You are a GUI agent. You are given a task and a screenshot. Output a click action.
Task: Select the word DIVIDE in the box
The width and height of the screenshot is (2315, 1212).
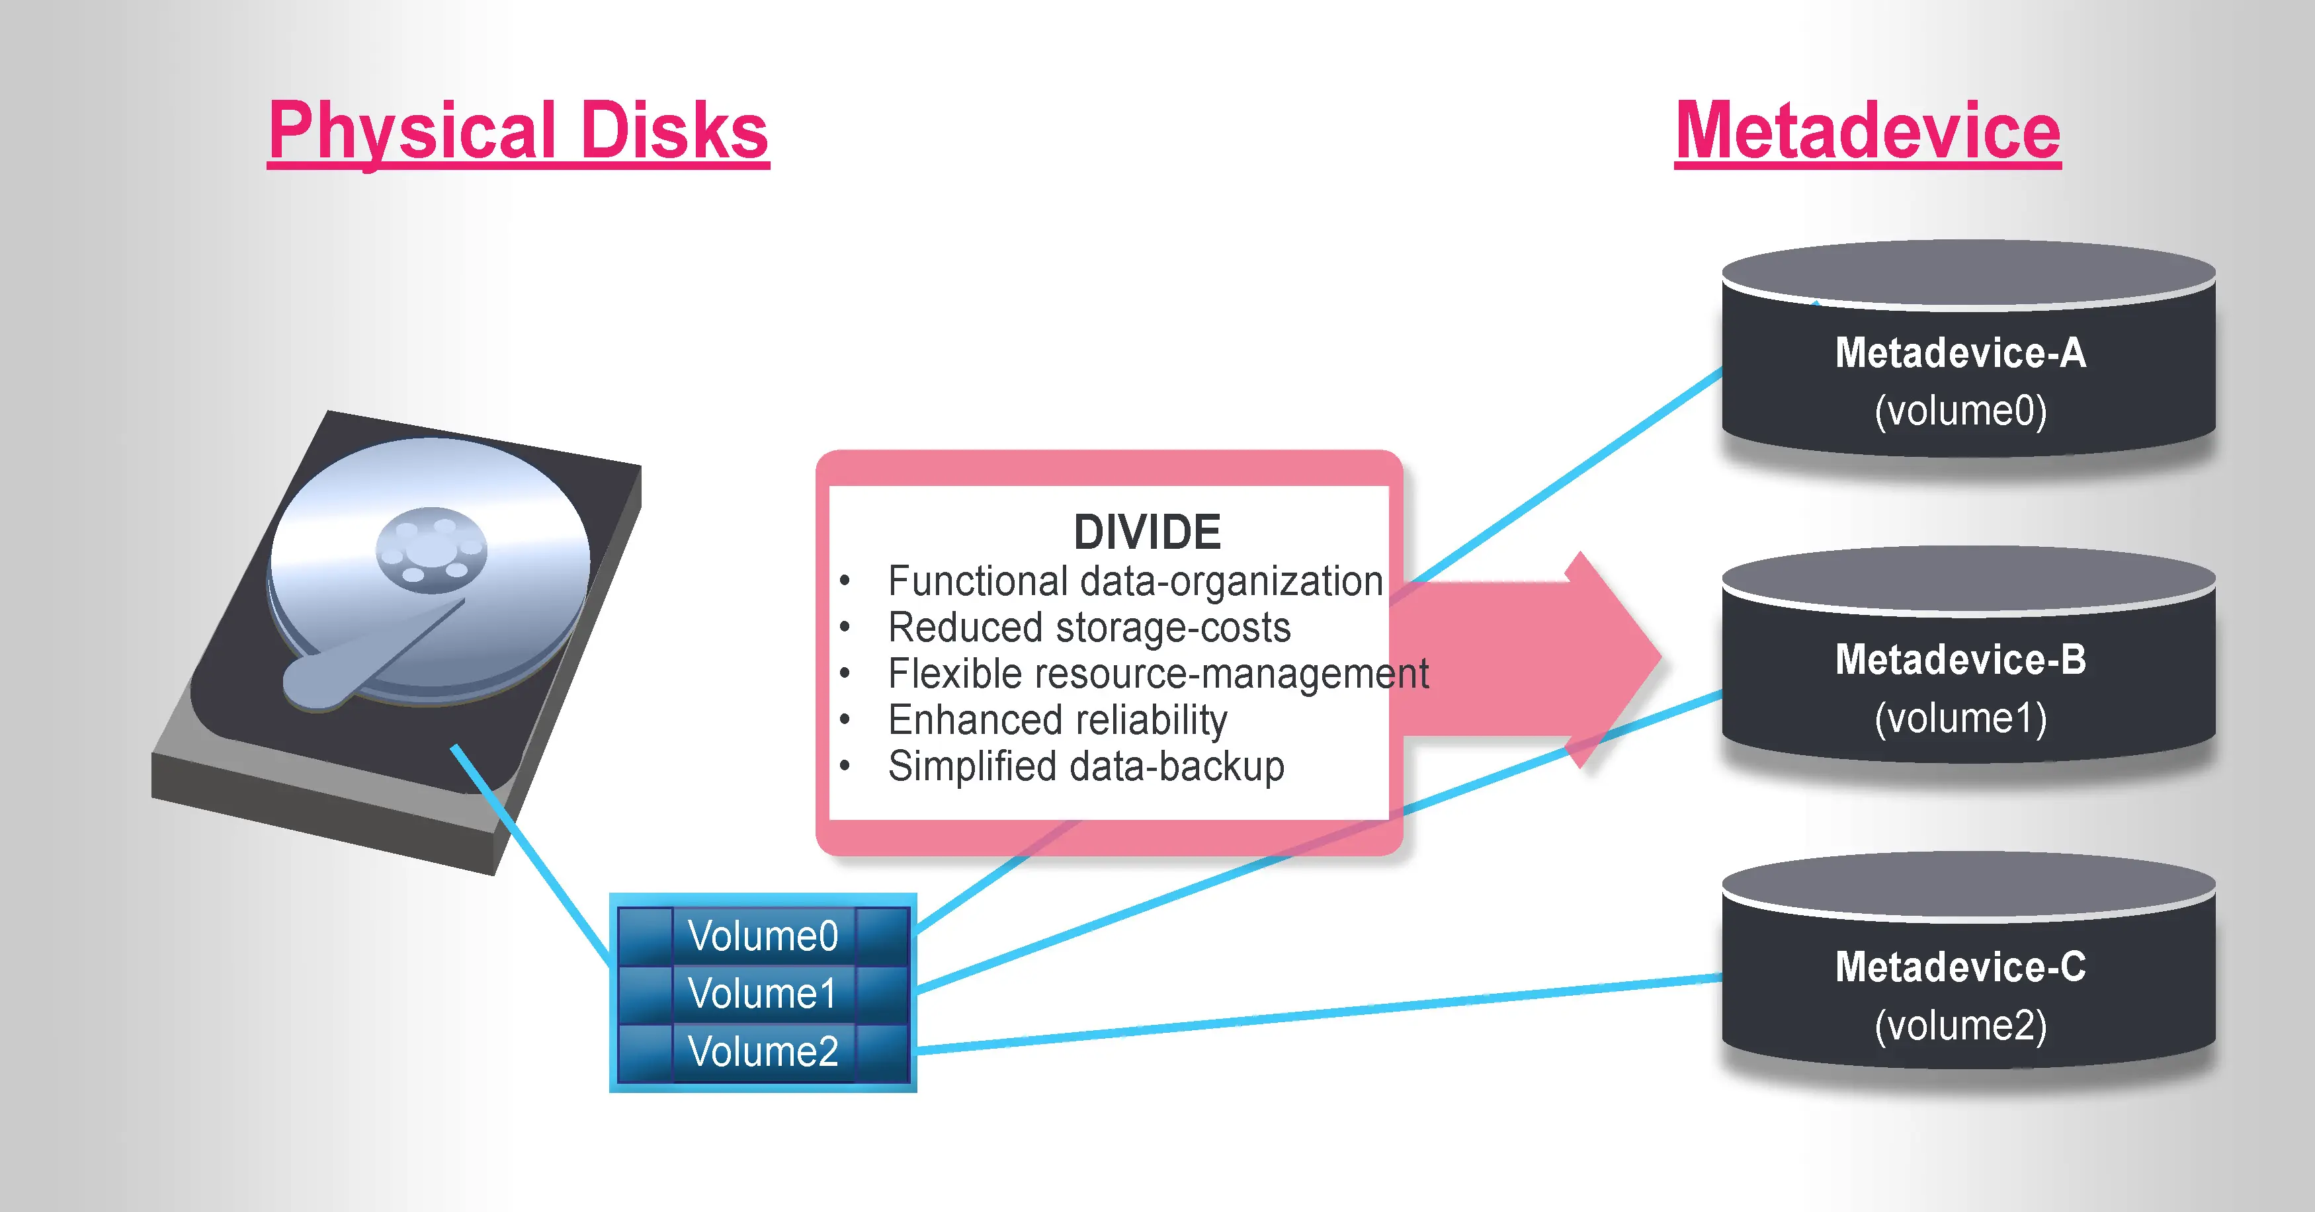[x=1147, y=532]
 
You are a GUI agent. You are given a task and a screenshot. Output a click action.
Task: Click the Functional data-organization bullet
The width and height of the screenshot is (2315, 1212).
[x=1134, y=581]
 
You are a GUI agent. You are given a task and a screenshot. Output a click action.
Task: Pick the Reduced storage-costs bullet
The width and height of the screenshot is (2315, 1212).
[x=1088, y=627]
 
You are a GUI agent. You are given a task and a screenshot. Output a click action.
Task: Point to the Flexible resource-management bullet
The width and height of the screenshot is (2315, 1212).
[x=1157, y=674]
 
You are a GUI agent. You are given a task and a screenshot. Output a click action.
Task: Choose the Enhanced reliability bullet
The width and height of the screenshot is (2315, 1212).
[x=1057, y=719]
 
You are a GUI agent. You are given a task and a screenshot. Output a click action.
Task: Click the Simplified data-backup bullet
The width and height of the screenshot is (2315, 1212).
[x=1085, y=766]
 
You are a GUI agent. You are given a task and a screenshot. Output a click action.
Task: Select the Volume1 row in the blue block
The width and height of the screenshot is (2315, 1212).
[x=763, y=994]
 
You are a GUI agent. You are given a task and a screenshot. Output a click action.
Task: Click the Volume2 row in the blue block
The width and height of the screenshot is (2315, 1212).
[x=763, y=1051]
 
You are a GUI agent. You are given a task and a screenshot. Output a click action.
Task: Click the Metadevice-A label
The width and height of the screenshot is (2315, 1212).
[x=1960, y=352]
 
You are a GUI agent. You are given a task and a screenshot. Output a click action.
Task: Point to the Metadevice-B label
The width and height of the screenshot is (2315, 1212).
[x=1960, y=659]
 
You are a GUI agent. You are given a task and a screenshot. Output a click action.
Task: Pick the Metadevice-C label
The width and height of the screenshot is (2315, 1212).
[x=1960, y=967]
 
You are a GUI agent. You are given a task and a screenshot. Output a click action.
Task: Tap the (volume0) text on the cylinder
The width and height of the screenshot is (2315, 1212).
[x=1960, y=411]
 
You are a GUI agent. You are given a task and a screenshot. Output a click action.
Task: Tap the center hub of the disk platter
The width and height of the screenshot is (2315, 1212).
[x=431, y=550]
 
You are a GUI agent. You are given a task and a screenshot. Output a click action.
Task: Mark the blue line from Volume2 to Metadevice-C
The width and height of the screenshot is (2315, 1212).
[x=1321, y=1014]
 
